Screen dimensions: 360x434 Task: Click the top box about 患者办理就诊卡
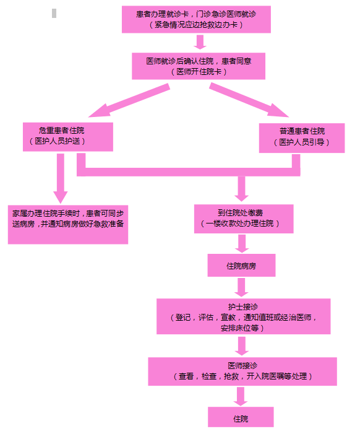196,19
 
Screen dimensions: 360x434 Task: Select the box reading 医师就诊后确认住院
199,66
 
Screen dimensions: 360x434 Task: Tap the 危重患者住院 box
68,137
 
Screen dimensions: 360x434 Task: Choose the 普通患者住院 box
302,138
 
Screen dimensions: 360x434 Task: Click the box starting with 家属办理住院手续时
68,225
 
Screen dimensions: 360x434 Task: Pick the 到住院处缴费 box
244,219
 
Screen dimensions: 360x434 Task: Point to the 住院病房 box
242,265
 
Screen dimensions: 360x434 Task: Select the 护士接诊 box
244,316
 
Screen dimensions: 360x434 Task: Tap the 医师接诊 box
242,371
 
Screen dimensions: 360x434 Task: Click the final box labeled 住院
241,417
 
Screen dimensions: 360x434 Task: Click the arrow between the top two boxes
200,42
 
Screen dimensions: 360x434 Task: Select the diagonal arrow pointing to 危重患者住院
129,100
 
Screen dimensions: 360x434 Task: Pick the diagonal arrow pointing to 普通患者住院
249,100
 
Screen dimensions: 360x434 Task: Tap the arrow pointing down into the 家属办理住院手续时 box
60,178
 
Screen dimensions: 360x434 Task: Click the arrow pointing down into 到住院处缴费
241,189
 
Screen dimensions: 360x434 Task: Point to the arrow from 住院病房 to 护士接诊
241,287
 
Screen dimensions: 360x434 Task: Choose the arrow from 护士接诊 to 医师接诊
242,346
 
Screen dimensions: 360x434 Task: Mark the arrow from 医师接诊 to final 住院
241,396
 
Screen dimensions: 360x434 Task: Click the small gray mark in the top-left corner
54,13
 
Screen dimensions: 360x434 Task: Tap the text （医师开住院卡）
199,72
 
